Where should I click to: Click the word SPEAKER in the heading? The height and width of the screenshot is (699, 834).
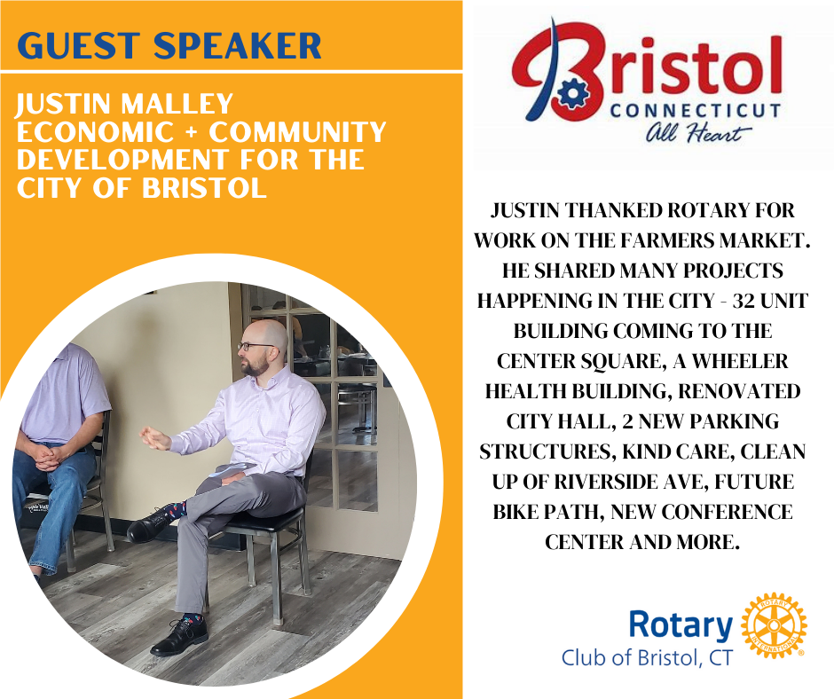coord(237,45)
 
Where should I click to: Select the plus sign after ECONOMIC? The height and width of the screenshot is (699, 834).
coord(191,132)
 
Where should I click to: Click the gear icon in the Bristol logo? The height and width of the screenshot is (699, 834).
coord(572,92)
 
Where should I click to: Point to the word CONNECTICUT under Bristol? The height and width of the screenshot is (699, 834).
coord(696,110)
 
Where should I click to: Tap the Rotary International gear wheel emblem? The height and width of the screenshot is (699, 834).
coord(774,625)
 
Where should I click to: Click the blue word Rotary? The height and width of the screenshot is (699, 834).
coord(681,624)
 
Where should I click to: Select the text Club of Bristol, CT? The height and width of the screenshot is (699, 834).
coord(647,658)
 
